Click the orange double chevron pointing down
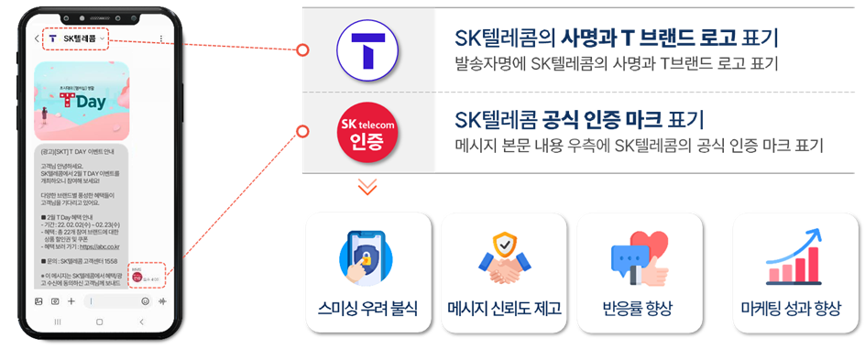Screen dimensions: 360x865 point(367,187)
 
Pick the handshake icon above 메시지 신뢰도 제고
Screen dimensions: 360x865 point(504,261)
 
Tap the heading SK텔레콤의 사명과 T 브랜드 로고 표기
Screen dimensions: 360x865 point(616,38)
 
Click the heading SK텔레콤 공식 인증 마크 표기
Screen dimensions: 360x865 point(579,120)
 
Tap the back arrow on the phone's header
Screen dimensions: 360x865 point(37,39)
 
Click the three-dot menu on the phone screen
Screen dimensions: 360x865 point(161,38)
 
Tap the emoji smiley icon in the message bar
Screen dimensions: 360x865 point(145,300)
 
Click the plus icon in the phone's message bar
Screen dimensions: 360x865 point(71,300)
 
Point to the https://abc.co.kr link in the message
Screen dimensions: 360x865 point(104,246)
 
